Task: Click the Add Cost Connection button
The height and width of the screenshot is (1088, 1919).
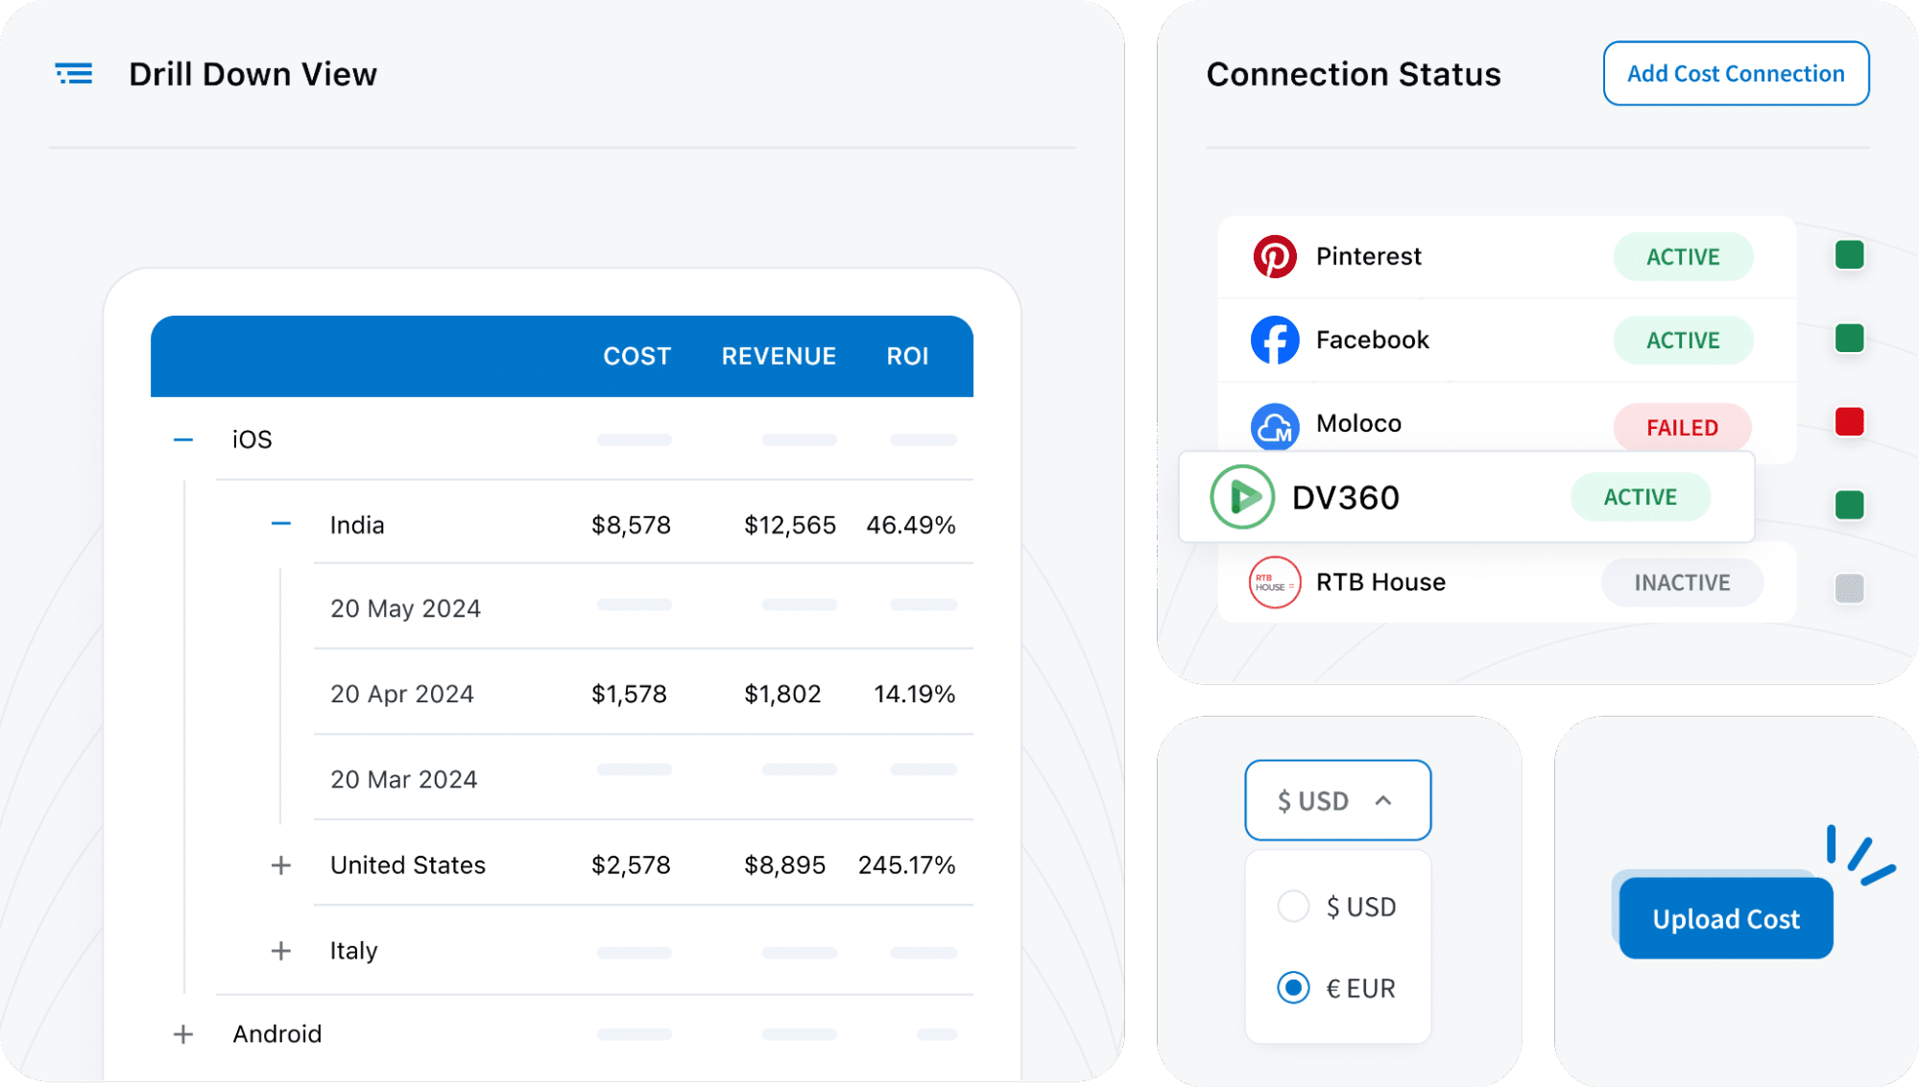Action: click(1736, 74)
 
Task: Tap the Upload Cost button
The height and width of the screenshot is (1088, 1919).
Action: click(1725, 918)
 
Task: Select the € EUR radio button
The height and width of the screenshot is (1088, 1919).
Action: click(1293, 987)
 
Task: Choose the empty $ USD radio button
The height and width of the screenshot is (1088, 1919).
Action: click(1293, 906)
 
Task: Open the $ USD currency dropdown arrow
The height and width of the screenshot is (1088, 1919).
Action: click(1383, 800)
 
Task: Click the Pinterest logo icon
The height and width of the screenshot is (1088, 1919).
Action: click(1275, 256)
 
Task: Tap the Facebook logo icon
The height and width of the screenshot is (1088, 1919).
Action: click(1275, 340)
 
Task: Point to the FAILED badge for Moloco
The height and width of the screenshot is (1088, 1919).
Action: click(1682, 427)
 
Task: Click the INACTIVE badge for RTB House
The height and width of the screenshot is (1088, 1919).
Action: click(1682, 582)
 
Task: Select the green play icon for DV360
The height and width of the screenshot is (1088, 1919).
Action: click(1242, 497)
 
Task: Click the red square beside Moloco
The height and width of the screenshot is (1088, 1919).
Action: click(1849, 422)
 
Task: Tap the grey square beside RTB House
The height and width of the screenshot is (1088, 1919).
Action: click(1849, 588)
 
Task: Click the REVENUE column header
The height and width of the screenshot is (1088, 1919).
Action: click(779, 356)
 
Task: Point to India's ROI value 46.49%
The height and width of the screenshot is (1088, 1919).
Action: click(910, 525)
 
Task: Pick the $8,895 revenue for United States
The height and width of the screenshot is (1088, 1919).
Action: click(784, 864)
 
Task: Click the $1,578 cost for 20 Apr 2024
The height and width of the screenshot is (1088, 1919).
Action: click(629, 694)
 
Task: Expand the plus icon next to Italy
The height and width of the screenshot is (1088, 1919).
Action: click(281, 951)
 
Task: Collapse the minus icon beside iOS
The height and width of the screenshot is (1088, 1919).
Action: click(183, 439)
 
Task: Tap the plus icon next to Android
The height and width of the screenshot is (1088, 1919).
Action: click(183, 1034)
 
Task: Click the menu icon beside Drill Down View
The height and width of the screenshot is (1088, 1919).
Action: click(74, 74)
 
